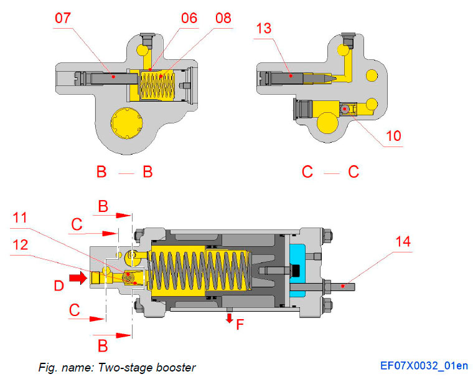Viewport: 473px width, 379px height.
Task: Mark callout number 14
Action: coord(403,242)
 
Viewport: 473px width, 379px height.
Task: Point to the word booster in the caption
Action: coord(177,367)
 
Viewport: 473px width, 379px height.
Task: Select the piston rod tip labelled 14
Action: coord(348,286)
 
